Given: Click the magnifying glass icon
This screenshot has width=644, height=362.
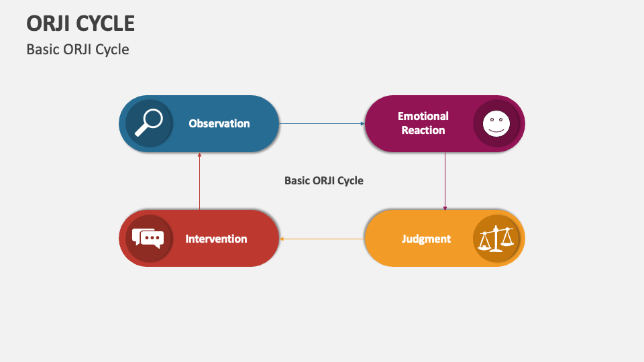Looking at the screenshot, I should click(x=148, y=123).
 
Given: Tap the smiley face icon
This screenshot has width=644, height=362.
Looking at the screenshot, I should click(x=496, y=123).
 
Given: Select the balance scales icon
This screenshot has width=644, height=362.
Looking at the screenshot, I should click(x=496, y=238).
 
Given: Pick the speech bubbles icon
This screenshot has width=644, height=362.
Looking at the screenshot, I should click(x=148, y=238).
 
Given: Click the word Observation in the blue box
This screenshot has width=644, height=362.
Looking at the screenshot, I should click(x=219, y=123).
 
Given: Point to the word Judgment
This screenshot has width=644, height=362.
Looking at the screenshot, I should click(x=426, y=239).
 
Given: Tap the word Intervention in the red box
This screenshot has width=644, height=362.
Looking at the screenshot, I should click(x=216, y=239).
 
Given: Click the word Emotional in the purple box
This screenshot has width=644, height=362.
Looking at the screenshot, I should click(x=423, y=116).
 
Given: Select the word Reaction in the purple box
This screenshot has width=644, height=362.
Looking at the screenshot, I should click(x=423, y=130).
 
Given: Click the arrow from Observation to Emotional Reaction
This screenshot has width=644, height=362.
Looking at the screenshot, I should click(x=322, y=124).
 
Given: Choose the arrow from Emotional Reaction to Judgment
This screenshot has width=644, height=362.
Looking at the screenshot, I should click(x=445, y=181).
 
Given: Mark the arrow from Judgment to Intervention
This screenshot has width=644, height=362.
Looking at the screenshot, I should click(x=322, y=239).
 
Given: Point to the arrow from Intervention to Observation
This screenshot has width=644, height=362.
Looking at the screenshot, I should click(x=199, y=181).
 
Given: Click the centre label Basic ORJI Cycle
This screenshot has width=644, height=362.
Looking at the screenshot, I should click(x=323, y=180).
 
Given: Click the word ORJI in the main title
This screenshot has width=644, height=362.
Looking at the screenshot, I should click(x=48, y=23).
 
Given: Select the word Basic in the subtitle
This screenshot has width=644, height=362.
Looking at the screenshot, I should click(x=41, y=50).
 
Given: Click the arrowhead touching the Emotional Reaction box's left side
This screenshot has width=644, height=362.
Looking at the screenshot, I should click(x=361, y=124).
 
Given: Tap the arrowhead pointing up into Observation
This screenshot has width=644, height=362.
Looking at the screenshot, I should click(x=199, y=155).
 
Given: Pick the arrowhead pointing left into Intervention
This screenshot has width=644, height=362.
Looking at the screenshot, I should click(x=282, y=239).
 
